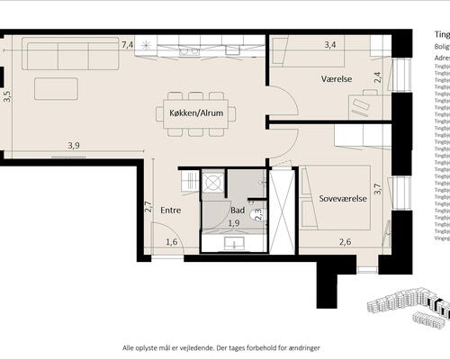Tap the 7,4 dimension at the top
[127, 44]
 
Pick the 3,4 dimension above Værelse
[330, 43]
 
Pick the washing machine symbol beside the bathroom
[212, 181]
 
